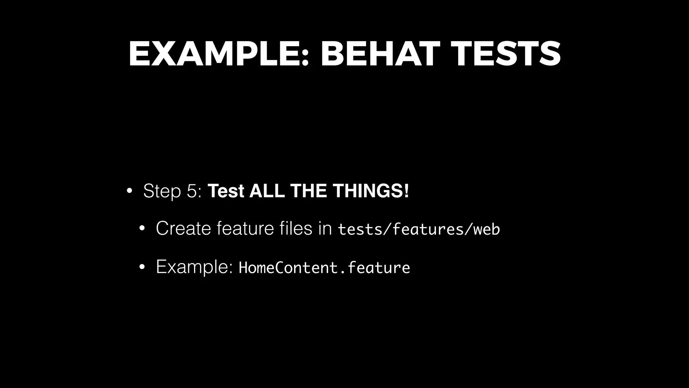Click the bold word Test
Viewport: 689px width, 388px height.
point(226,191)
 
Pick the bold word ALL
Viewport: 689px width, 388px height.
point(267,191)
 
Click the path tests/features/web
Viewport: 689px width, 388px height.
point(419,229)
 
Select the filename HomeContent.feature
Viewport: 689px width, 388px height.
point(324,268)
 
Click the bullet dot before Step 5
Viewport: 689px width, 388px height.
point(129,192)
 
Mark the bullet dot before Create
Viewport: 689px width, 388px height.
point(142,229)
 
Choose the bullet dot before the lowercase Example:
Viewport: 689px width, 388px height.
point(142,267)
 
